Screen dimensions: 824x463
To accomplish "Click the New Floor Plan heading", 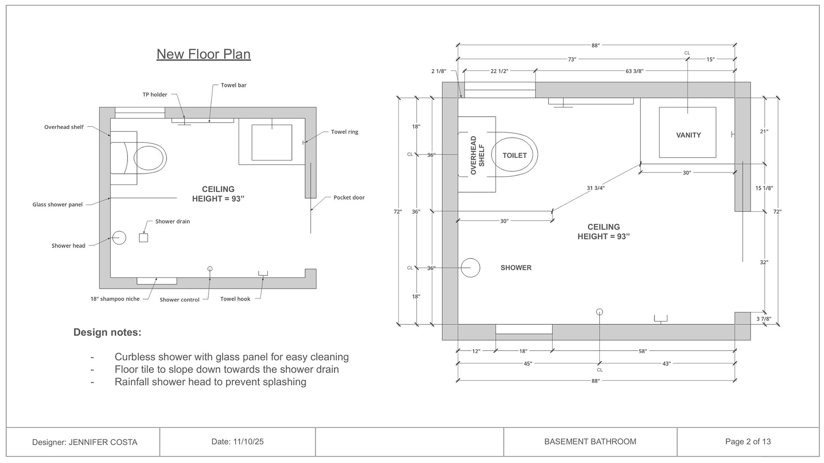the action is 203,54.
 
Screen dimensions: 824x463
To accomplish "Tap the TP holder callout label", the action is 155,94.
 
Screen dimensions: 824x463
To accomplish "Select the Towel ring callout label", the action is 344,132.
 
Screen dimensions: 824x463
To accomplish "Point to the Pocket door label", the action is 349,197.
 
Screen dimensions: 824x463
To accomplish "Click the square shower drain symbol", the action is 143,238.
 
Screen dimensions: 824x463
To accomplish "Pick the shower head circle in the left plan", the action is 119,238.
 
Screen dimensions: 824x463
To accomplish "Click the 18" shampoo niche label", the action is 115,299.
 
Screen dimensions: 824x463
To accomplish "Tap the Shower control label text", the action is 179,300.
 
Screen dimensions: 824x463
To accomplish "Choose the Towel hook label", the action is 235,299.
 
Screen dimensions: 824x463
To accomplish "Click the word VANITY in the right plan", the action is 688,135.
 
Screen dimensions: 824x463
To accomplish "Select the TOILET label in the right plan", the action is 514,155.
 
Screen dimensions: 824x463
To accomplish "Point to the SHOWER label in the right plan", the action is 516,268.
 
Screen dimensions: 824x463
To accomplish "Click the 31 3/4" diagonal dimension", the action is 596,188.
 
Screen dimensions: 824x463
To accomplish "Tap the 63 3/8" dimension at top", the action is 634,71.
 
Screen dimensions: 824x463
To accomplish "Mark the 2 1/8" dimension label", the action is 439,71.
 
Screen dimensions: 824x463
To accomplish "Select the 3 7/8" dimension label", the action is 763,319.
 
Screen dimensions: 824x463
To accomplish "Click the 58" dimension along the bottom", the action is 642,351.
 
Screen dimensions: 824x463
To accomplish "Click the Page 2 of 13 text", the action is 748,442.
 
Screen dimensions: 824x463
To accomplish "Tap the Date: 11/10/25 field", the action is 237,442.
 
